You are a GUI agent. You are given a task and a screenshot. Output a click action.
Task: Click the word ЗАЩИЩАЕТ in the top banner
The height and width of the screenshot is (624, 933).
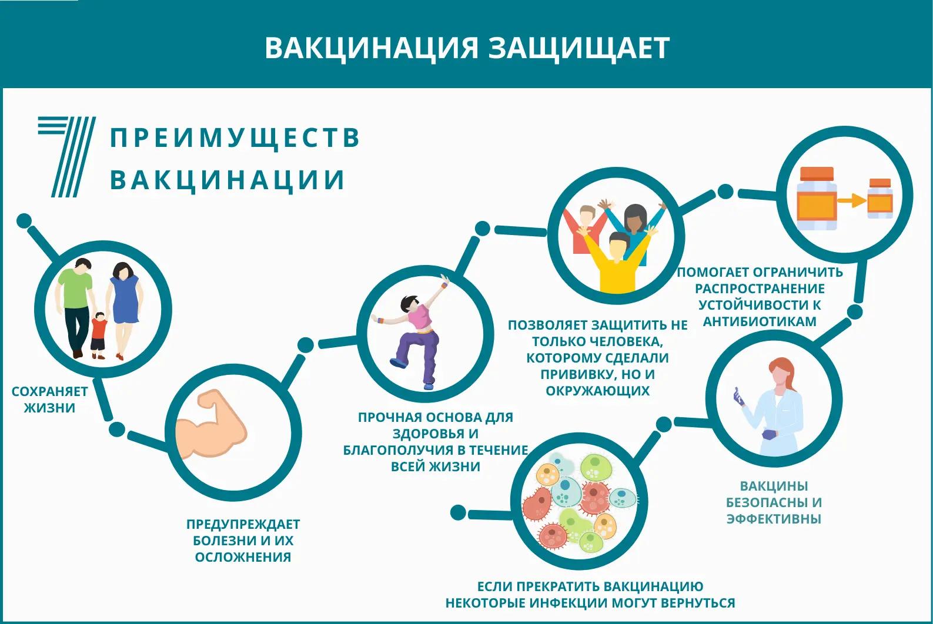point(578,48)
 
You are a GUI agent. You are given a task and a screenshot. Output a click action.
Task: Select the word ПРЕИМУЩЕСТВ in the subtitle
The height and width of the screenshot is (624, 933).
point(235,137)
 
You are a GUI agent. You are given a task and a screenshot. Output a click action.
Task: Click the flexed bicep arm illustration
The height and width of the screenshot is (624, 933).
point(210,425)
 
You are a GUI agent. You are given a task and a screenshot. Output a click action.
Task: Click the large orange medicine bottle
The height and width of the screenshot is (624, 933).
point(817,199)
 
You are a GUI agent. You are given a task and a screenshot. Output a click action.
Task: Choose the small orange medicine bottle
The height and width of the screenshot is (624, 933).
point(880,199)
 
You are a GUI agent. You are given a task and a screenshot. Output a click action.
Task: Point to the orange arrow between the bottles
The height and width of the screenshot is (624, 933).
point(852,200)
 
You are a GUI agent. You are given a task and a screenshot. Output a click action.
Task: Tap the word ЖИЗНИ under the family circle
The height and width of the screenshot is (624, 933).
point(49,408)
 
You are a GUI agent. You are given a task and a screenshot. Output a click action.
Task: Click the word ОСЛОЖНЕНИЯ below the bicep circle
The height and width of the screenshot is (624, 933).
point(243,557)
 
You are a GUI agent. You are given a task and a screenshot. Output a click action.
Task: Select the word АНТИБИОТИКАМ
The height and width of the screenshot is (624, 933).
point(760,321)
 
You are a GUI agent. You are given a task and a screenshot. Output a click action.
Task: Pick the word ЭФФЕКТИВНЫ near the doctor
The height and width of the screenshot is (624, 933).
point(774,519)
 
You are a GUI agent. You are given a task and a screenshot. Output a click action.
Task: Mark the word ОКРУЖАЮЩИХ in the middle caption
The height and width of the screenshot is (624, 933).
point(598,391)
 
